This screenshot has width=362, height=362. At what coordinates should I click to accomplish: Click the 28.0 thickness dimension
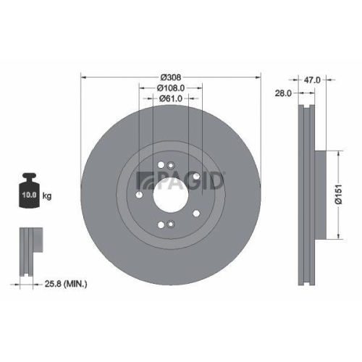[x=284, y=93]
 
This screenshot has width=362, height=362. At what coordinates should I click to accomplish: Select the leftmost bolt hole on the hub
[x=139, y=194]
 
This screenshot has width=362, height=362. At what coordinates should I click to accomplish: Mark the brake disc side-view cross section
[x=304, y=194]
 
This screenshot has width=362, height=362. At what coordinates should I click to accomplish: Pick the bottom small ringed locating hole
[x=169, y=224]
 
